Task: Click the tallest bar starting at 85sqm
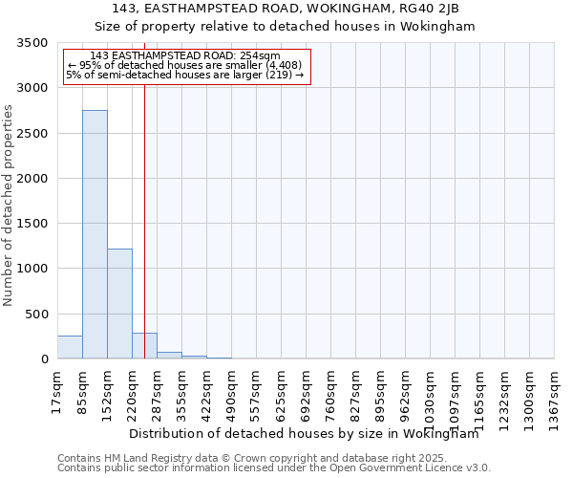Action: click(x=95, y=234)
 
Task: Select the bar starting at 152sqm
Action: click(x=119, y=303)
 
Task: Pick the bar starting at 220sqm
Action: click(x=144, y=346)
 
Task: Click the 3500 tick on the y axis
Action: click(x=33, y=43)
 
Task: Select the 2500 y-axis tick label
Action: click(x=33, y=134)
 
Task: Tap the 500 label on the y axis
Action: click(x=37, y=315)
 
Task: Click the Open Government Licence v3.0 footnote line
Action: click(x=274, y=468)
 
